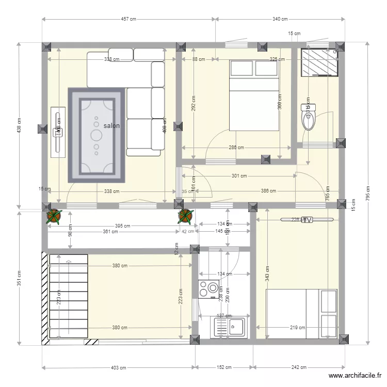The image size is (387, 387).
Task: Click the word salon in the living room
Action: point(111,126)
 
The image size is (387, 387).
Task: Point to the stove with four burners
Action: point(208,289)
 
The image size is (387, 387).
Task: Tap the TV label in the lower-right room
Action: point(307,220)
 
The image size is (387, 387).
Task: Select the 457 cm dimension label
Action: point(128,19)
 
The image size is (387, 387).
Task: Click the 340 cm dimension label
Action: point(280,19)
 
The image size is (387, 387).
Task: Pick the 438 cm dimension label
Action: point(19,125)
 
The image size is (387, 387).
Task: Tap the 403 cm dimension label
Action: point(119,368)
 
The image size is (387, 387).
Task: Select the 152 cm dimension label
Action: point(224,368)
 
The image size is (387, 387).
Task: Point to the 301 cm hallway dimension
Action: point(238,176)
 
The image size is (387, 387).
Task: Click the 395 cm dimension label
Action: point(122,225)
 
